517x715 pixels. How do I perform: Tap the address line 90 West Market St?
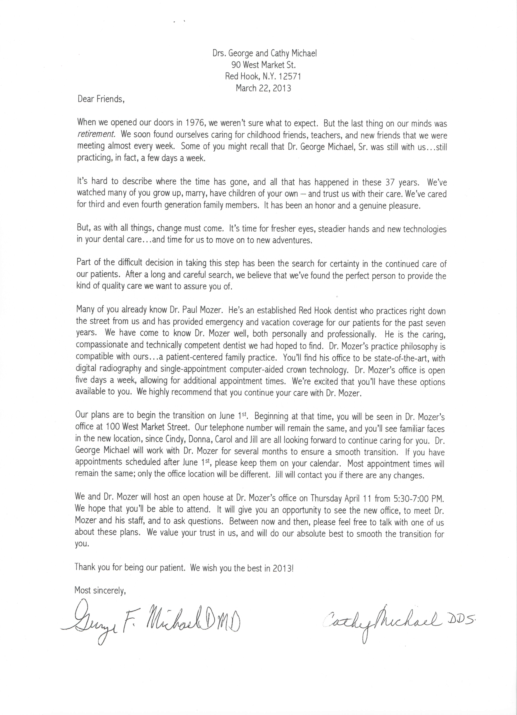263,65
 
